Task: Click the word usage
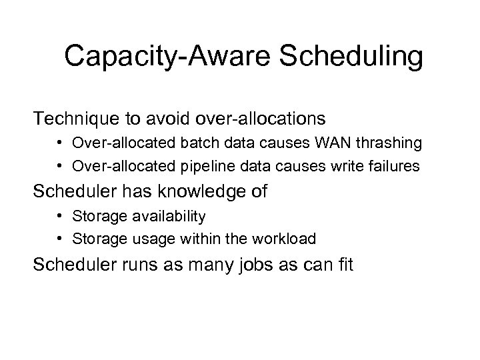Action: point(155,239)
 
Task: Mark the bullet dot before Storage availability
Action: point(60,217)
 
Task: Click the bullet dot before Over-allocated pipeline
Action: point(60,165)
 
